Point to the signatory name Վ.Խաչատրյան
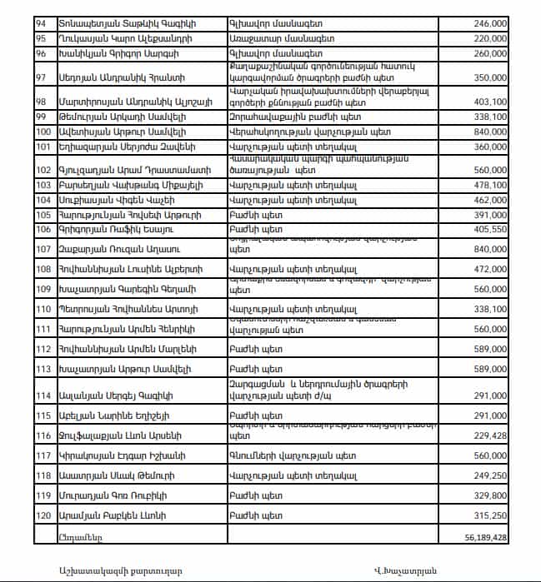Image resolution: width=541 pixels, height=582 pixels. [406, 570]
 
